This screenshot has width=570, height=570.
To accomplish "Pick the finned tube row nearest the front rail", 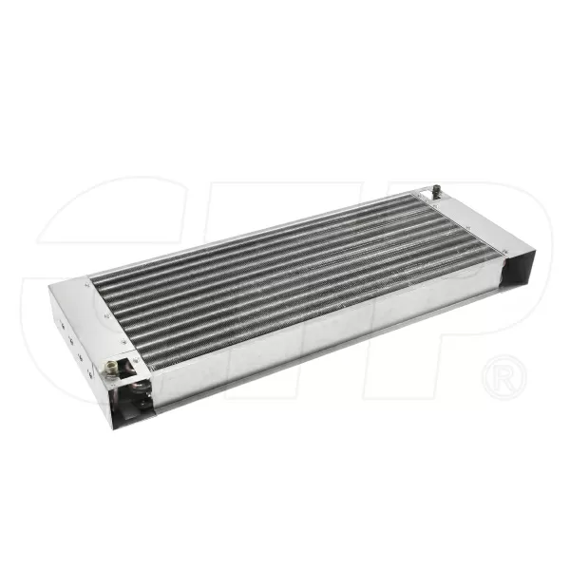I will (304, 304).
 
